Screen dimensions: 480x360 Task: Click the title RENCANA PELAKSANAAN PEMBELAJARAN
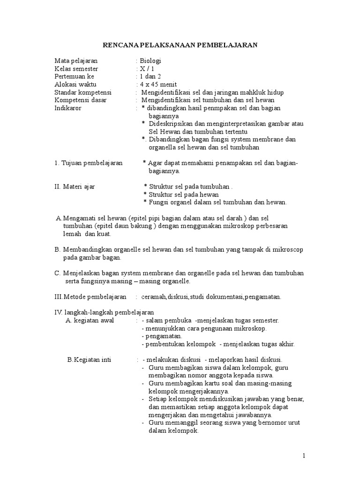(x=180, y=45)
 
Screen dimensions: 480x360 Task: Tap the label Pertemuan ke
(x=74, y=77)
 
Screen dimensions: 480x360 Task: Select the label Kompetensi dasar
(x=80, y=100)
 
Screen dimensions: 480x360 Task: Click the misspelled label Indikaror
(x=67, y=108)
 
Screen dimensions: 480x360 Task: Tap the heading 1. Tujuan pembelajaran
(x=89, y=163)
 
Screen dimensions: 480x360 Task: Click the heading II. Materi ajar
(x=75, y=187)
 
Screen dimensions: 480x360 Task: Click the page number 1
(x=304, y=456)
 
